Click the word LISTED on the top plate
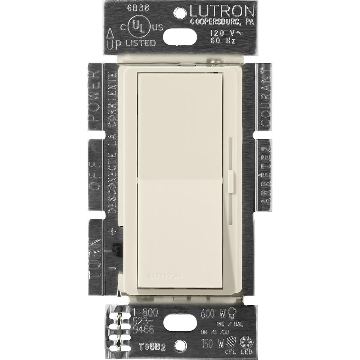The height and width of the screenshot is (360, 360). pyautogui.click(x=141, y=43)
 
